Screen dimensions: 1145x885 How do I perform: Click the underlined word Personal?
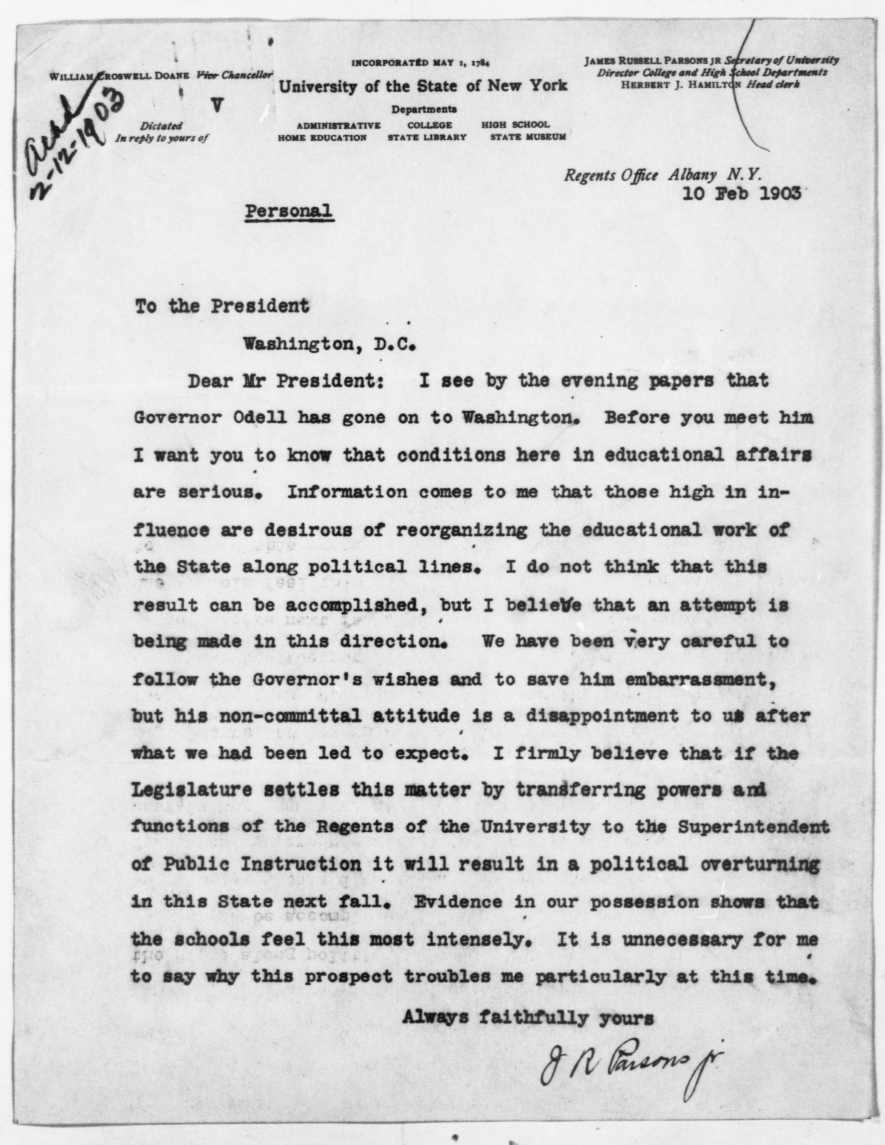tap(289, 211)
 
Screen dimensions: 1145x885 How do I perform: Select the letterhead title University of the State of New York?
tap(423, 86)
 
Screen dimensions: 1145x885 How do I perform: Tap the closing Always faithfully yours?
tap(528, 1018)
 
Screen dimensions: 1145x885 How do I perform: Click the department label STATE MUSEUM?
tap(528, 137)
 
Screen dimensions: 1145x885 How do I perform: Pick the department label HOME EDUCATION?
tap(322, 137)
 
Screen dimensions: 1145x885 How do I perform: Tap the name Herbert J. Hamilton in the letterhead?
tap(680, 84)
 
